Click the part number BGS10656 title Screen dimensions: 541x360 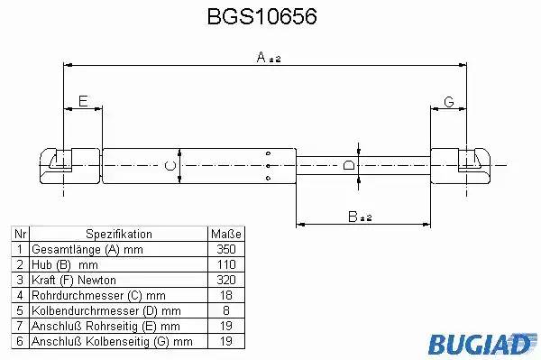(x=261, y=16)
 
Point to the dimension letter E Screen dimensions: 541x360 (x=83, y=101)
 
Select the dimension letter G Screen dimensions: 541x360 (x=448, y=102)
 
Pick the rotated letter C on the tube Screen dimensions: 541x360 (x=170, y=166)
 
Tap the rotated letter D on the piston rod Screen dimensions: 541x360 (x=349, y=165)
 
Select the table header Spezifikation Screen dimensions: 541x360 (x=119, y=234)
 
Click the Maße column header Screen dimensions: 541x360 (x=226, y=235)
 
